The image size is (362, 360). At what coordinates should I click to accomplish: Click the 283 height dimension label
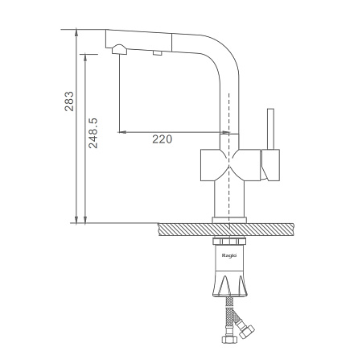click(x=69, y=101)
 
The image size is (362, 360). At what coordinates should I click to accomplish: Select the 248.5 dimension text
click(x=93, y=133)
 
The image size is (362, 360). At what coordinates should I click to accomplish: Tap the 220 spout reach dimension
click(x=162, y=139)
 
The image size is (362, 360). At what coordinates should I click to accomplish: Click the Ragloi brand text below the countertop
click(x=229, y=255)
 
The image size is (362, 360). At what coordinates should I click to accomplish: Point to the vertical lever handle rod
click(x=270, y=129)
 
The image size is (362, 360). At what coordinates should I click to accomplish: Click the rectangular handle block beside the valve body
click(x=270, y=165)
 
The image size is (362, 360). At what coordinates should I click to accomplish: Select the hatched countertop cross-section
click(x=226, y=230)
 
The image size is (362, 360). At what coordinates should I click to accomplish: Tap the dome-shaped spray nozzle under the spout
click(x=119, y=50)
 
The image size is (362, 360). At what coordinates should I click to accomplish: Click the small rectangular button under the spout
click(x=158, y=53)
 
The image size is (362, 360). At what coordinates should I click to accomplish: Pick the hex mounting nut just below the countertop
click(x=229, y=241)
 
